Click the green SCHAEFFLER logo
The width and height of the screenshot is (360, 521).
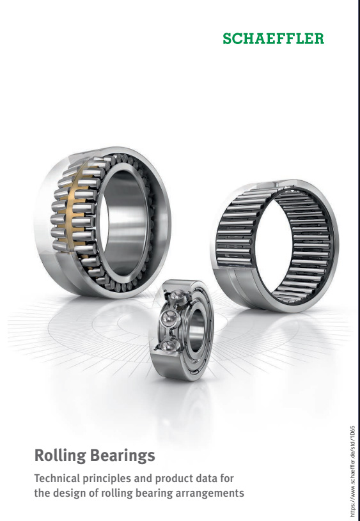click(x=273, y=38)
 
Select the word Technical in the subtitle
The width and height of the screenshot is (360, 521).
click(x=57, y=478)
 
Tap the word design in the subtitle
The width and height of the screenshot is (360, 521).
click(x=70, y=493)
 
